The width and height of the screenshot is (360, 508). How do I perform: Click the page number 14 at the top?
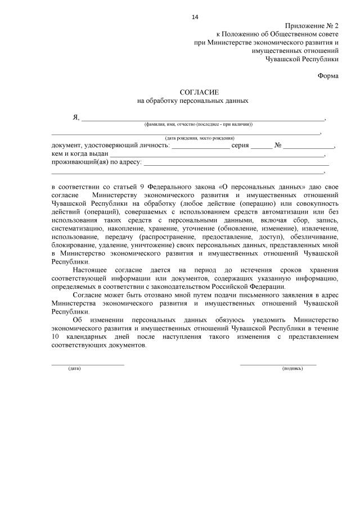(x=195, y=17)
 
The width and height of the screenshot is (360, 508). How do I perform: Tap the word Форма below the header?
(x=328, y=75)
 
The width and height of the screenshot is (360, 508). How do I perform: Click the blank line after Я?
(x=202, y=119)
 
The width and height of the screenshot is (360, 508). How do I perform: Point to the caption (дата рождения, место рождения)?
(x=200, y=138)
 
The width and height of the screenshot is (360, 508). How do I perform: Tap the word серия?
(x=240, y=145)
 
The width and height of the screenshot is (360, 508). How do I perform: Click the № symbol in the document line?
(x=277, y=145)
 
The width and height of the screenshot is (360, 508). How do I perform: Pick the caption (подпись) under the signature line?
(x=292, y=369)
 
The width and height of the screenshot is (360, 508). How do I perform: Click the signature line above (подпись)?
(x=278, y=364)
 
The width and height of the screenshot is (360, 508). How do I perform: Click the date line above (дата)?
(x=88, y=364)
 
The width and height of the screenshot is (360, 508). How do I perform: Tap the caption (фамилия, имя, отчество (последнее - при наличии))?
(x=199, y=124)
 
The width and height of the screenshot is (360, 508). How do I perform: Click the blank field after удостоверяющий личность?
(x=200, y=146)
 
